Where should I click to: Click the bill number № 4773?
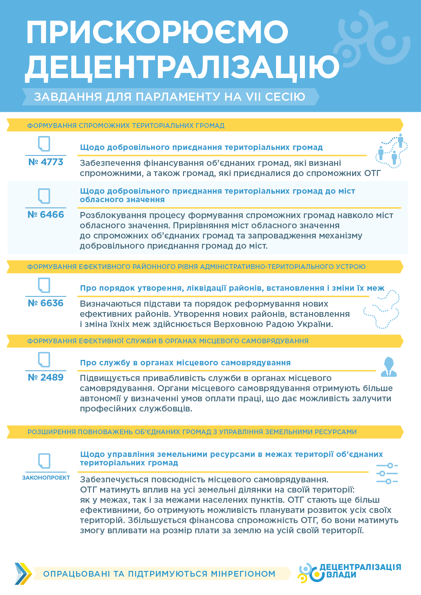[46, 162]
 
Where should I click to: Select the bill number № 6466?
[46, 215]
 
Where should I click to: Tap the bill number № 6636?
[46, 303]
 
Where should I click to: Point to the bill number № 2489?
[46, 378]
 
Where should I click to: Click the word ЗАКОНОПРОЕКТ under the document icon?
[46, 478]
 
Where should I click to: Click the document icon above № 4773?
[44, 144]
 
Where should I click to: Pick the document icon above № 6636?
[44, 285]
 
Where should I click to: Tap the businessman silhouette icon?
[388, 367]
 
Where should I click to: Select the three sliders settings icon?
[387, 473]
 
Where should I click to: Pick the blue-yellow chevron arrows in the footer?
[23, 574]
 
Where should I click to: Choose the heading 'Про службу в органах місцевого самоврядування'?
[185, 363]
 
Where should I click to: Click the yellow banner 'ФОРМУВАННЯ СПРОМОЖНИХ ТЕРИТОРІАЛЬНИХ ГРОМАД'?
[126, 126]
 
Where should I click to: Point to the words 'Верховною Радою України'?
[273, 324]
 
